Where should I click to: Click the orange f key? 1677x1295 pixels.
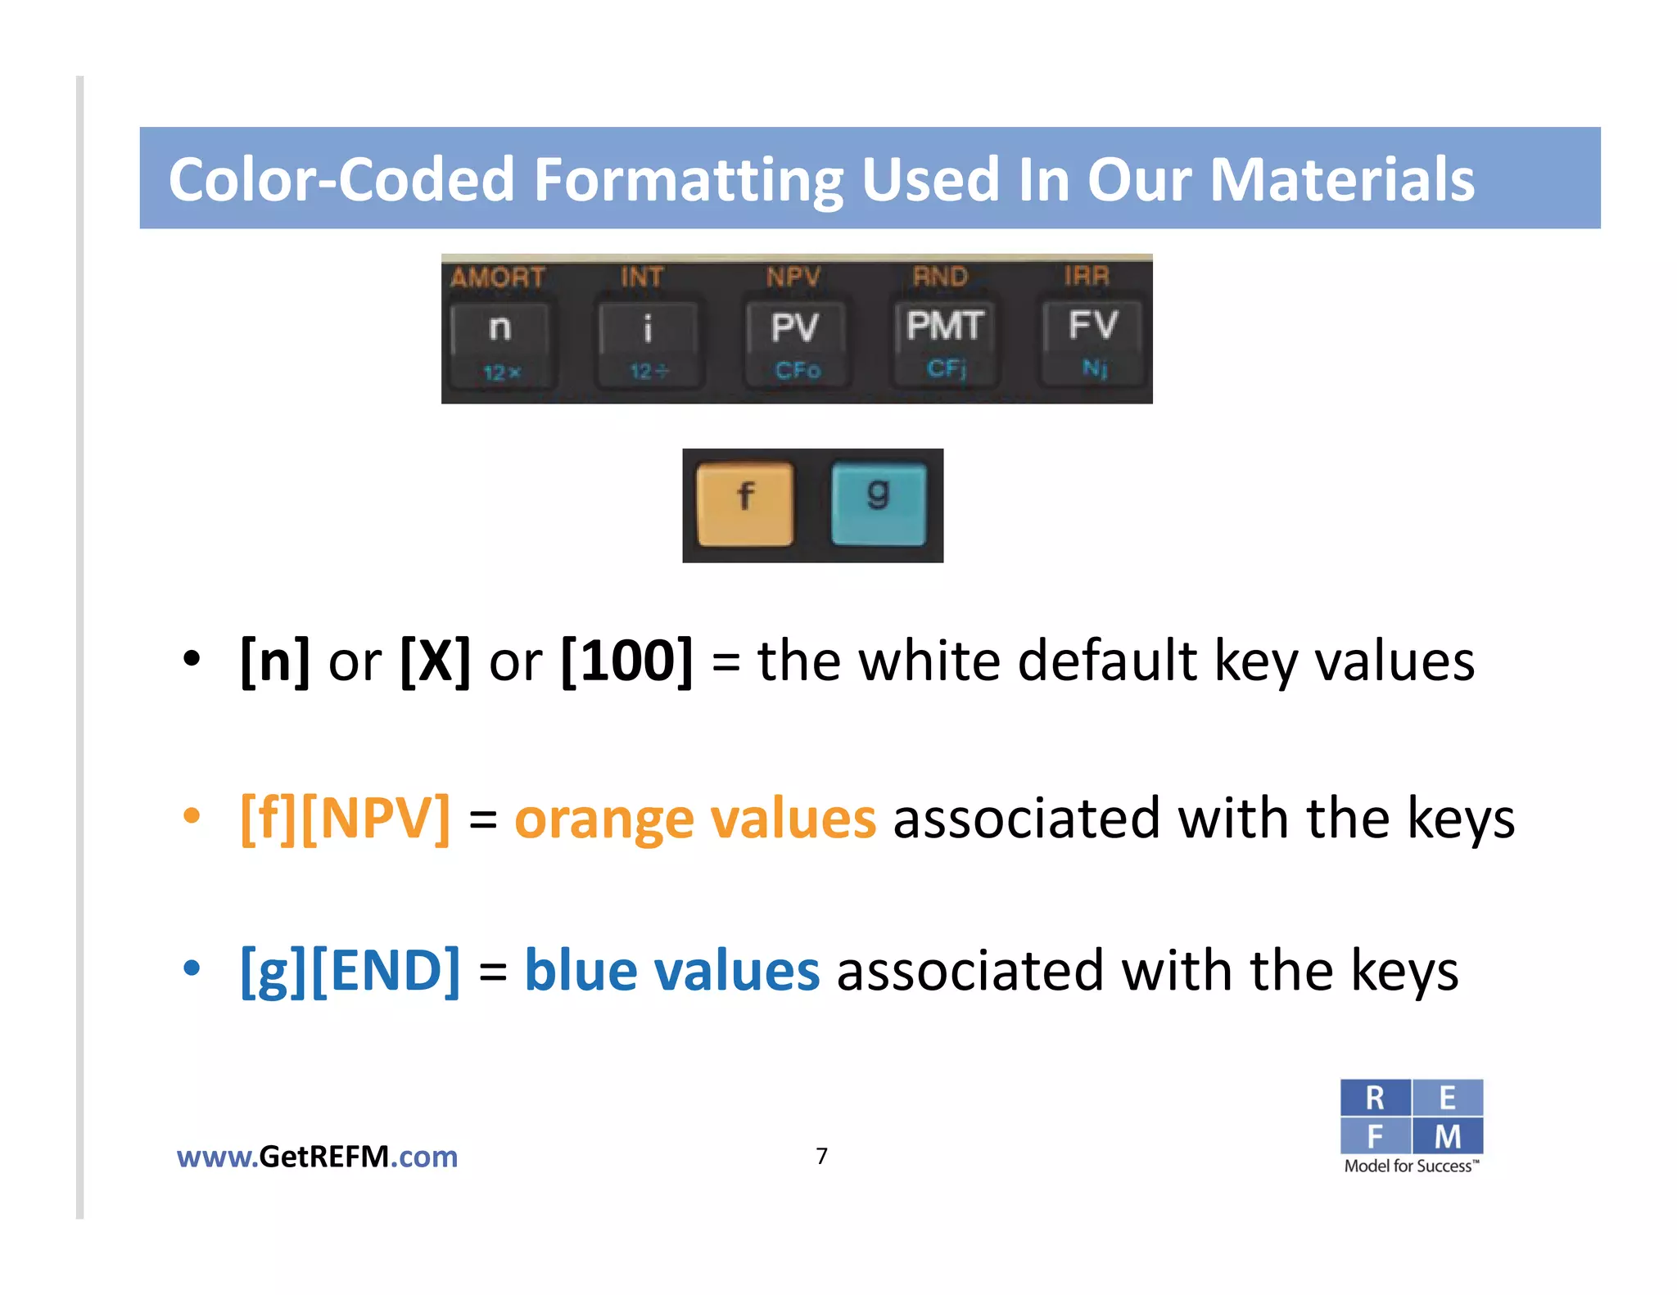point(744,503)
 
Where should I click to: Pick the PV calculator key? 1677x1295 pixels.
point(795,341)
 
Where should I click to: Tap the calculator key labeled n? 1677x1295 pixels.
point(501,342)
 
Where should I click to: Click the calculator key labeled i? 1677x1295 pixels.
point(648,342)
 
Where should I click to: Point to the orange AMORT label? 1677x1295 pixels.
point(498,277)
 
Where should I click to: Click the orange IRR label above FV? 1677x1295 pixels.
point(1087,276)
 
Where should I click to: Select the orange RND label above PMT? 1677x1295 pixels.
point(941,277)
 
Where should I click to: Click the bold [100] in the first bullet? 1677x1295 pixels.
point(627,661)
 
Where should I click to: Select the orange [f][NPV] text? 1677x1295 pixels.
point(345,818)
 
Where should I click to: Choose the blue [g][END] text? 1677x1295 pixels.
point(350,971)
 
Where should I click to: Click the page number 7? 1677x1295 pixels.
point(822,1156)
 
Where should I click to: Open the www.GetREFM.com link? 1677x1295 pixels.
point(317,1157)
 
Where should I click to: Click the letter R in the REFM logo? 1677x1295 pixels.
point(1375,1098)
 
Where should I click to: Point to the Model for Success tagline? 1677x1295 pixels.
point(1411,1166)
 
